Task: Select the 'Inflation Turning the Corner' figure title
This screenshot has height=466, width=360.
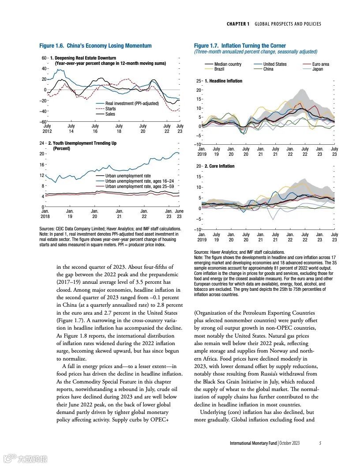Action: click(x=253, y=46)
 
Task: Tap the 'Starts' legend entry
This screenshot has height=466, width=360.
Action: click(x=110, y=109)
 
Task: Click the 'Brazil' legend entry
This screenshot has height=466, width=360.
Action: click(x=219, y=69)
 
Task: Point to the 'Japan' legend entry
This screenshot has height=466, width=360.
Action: click(x=318, y=69)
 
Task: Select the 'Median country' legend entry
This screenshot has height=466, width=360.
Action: click(x=228, y=64)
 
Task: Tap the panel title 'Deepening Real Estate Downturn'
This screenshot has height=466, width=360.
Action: click(x=86, y=58)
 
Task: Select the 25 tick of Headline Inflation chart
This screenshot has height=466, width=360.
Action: click(x=199, y=81)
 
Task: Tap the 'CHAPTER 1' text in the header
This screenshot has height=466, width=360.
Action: click(x=238, y=24)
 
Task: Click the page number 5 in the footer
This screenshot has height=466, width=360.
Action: click(x=320, y=443)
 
